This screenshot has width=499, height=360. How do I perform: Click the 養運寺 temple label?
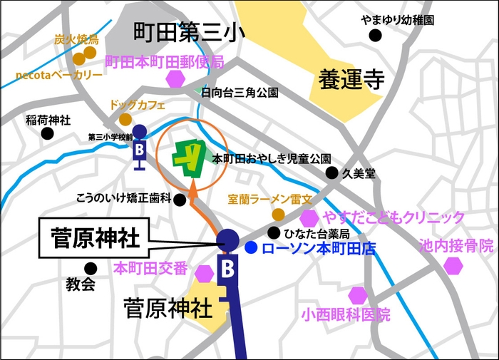click(347, 80)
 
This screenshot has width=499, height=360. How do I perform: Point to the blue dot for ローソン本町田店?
click(251, 248)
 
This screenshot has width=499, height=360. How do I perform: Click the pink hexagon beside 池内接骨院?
click(453, 266)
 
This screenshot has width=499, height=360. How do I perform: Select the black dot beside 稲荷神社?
click(47, 133)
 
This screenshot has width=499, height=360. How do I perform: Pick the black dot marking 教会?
click(91, 269)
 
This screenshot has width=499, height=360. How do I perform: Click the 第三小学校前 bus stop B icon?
click(140, 150)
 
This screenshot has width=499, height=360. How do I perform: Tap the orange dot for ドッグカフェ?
click(125, 119)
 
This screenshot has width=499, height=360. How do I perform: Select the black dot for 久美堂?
click(331, 173)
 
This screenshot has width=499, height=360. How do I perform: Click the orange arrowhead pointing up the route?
click(192, 188)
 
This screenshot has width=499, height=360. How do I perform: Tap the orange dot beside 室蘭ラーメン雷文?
click(278, 214)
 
